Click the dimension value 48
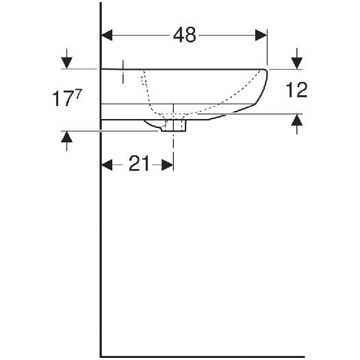184,35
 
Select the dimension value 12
298,90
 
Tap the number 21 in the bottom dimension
139,165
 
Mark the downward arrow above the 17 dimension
66,60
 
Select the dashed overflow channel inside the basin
146,92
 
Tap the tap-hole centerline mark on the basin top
123,71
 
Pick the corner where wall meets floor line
101,356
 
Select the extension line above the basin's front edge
268,51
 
